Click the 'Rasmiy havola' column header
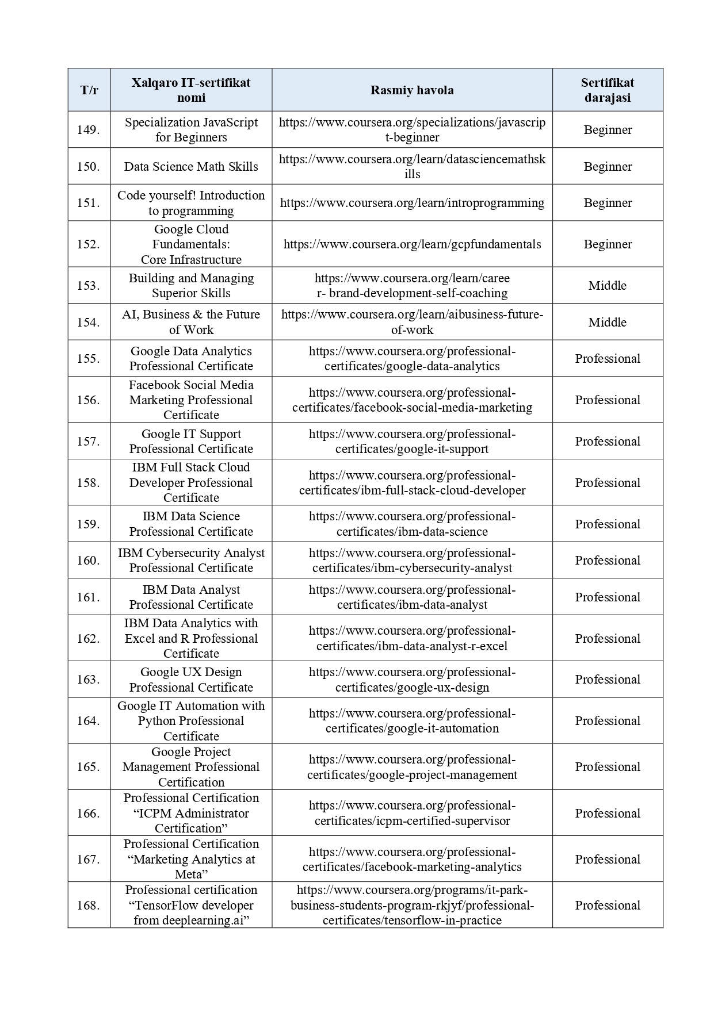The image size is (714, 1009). (x=412, y=90)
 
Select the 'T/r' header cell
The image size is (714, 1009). (x=89, y=90)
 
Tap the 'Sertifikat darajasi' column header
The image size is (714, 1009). (x=607, y=90)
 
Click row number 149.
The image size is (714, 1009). (x=89, y=130)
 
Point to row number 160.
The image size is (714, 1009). (x=89, y=561)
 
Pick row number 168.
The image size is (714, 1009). (x=89, y=905)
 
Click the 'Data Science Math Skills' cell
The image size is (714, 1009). (x=191, y=167)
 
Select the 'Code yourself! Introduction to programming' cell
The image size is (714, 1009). (x=191, y=203)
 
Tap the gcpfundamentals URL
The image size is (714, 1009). (x=412, y=244)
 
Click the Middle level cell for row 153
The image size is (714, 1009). (x=607, y=286)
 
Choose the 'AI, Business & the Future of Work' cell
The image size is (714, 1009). (x=191, y=322)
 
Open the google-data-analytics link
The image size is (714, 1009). (x=412, y=359)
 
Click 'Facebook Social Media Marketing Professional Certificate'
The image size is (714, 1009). (x=191, y=400)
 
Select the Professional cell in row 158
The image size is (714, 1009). (x=607, y=483)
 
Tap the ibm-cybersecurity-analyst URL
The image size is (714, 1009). (x=412, y=561)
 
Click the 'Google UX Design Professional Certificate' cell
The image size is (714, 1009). (x=191, y=680)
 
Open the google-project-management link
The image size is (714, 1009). (x=412, y=767)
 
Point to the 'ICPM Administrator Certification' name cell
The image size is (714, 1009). (x=191, y=813)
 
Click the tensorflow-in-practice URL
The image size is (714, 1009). (x=412, y=905)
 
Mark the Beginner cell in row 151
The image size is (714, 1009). (x=607, y=203)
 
